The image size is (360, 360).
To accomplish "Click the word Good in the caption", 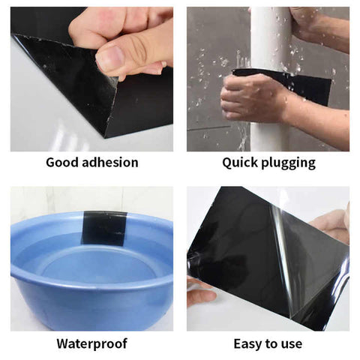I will (x=62, y=163).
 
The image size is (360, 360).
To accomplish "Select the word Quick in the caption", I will (x=238, y=163).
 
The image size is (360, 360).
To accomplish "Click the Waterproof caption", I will (x=91, y=343).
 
